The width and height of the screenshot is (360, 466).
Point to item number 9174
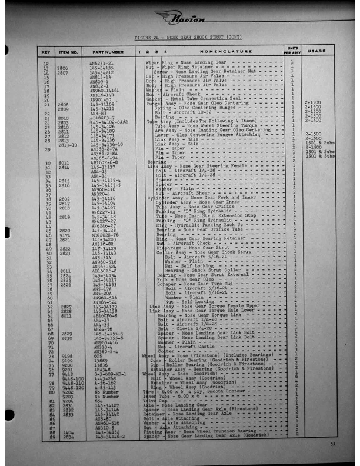(63, 235)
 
